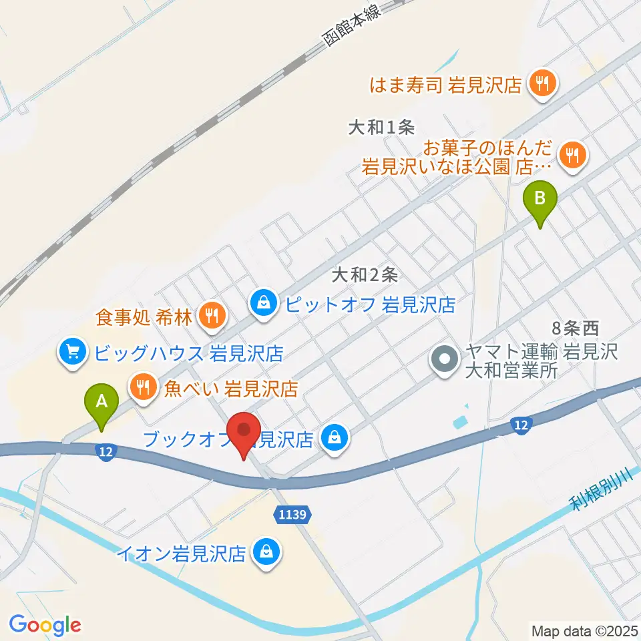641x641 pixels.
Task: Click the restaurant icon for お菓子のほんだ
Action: point(573,156)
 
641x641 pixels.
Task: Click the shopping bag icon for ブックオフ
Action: point(333,437)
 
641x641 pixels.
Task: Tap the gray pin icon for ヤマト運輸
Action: point(444,361)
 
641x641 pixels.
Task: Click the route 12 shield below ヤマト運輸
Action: point(523,425)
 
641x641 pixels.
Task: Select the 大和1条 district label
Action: point(382,127)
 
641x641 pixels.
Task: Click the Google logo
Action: point(45,624)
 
